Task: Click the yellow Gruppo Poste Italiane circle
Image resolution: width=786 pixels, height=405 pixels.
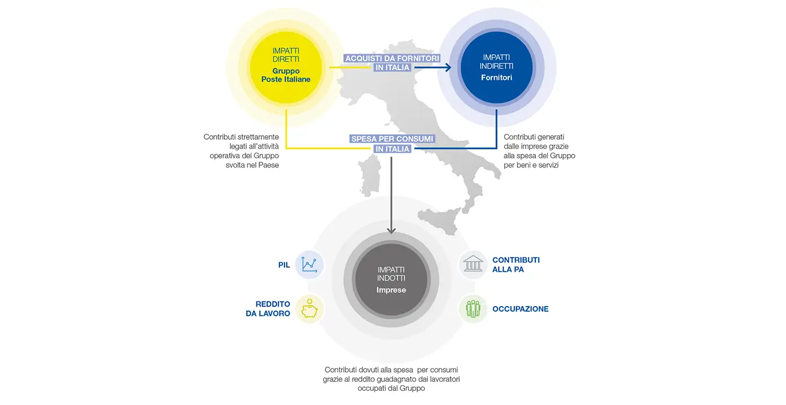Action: point(286,67)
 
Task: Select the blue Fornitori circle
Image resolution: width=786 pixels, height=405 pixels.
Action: point(496,67)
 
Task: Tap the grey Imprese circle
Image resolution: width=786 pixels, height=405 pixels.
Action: point(391,279)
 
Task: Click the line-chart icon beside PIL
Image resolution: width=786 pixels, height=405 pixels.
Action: point(309,265)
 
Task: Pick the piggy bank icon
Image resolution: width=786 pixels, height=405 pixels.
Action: point(309,309)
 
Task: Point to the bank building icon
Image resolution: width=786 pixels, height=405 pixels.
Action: point(473,264)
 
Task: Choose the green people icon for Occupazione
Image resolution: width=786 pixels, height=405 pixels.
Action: point(473,309)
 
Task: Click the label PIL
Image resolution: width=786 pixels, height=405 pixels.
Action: point(284,265)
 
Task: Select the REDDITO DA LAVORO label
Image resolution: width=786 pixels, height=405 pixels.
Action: point(268,309)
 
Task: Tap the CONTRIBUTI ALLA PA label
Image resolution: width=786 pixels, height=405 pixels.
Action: point(516,264)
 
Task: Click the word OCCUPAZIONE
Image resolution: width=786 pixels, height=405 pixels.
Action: point(520,309)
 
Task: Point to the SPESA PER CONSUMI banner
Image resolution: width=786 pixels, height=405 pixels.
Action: point(392,139)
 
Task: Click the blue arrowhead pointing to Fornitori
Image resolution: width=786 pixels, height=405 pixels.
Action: point(448,67)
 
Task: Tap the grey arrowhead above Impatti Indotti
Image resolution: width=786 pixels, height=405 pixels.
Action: point(391,231)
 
